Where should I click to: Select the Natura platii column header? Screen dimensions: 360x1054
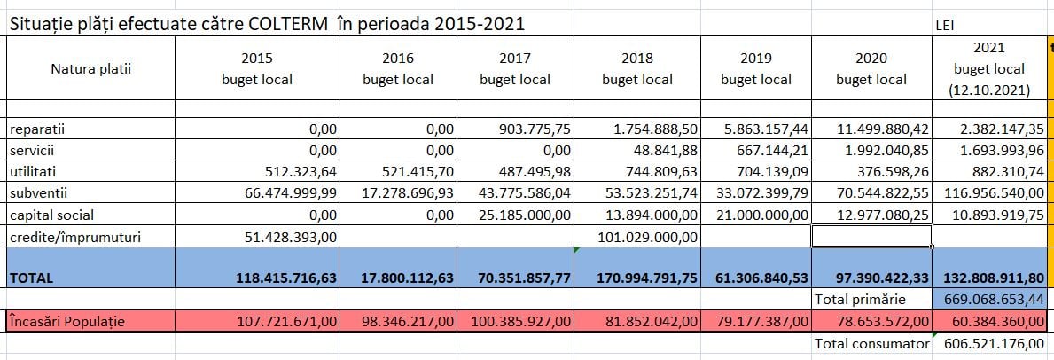tap(90, 68)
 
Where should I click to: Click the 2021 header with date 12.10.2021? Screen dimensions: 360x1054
tap(988, 68)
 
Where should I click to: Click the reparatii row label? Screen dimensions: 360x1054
tap(37, 129)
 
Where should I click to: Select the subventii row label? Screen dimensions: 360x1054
tap(38, 192)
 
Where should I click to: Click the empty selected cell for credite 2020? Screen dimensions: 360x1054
tap(871, 236)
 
